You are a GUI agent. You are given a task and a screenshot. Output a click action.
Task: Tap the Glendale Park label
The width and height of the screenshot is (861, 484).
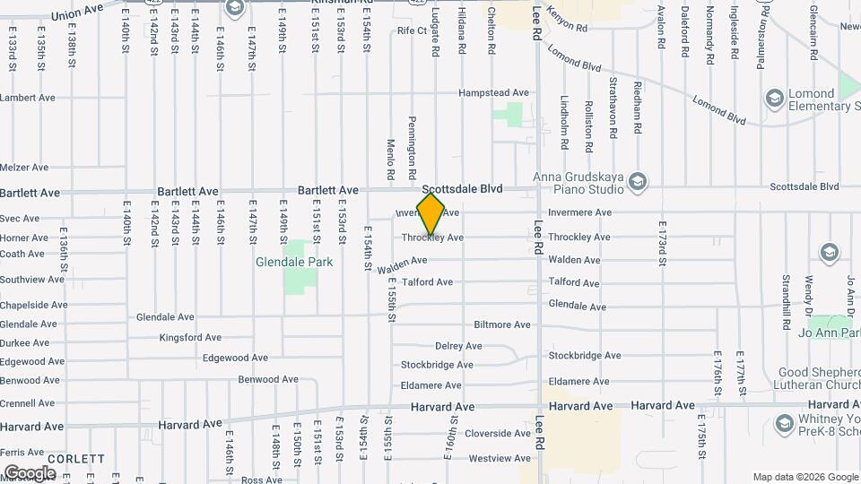[x=294, y=262]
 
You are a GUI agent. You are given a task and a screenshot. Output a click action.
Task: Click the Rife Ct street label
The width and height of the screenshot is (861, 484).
[x=412, y=30]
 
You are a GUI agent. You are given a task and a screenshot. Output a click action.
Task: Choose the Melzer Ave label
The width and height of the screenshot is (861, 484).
[x=24, y=168]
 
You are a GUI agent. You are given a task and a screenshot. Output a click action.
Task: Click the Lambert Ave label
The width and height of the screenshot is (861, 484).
[x=28, y=98]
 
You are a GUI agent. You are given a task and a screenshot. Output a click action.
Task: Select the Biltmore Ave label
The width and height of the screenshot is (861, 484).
[x=502, y=324]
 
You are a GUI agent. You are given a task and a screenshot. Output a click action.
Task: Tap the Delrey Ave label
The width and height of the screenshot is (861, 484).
[x=458, y=346]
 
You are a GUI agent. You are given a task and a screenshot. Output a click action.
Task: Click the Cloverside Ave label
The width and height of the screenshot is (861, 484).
[x=498, y=433]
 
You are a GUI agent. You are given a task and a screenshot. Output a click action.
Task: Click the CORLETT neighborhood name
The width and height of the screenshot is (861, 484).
[x=77, y=458]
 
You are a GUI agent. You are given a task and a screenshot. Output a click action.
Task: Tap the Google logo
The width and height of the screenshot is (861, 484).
[x=30, y=472]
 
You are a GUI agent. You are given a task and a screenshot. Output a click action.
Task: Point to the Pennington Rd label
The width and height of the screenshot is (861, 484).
[x=413, y=143]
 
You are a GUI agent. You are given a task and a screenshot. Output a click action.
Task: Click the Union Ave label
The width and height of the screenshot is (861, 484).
[x=78, y=14]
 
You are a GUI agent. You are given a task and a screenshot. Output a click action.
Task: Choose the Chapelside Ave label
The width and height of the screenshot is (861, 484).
[x=33, y=305]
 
